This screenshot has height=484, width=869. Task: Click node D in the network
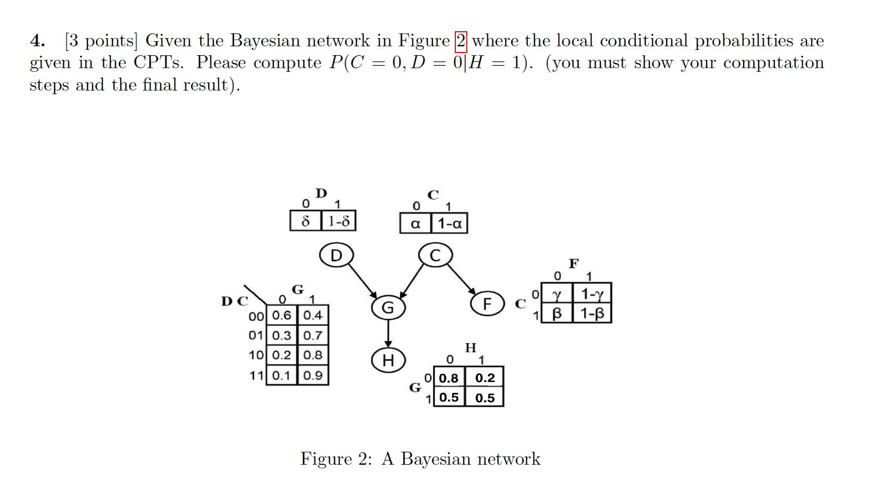pyautogui.click(x=336, y=255)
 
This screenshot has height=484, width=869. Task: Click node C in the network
pyautogui.click(x=436, y=255)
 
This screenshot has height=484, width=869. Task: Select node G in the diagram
pyautogui.click(x=388, y=308)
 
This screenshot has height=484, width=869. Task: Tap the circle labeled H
pyautogui.click(x=388, y=360)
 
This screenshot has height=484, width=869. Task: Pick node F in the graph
pyautogui.click(x=487, y=304)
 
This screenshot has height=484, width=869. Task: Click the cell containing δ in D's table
pyautogui.click(x=305, y=221)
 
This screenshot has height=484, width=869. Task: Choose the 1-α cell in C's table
pyautogui.click(x=449, y=224)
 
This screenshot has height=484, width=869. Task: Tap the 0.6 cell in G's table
pyautogui.click(x=282, y=315)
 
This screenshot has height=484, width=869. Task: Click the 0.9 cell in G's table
pyautogui.click(x=313, y=375)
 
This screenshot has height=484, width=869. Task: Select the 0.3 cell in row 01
pyautogui.click(x=282, y=336)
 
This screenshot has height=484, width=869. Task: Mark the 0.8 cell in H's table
pyautogui.click(x=449, y=378)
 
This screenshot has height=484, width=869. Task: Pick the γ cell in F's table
pyautogui.click(x=556, y=295)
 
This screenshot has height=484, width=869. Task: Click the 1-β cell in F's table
pyautogui.click(x=592, y=313)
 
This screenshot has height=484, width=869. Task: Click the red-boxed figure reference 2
pyautogui.click(x=461, y=41)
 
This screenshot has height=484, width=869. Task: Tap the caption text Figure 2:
pyautogui.click(x=335, y=459)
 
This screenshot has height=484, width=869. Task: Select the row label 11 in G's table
pyautogui.click(x=256, y=375)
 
